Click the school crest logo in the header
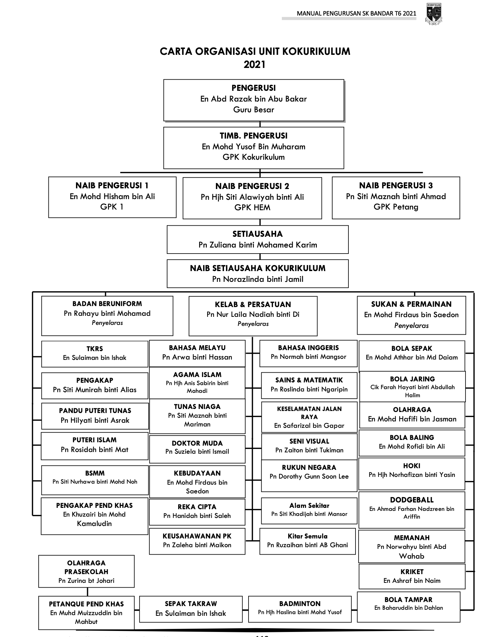[x=434, y=14]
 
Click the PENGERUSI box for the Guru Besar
[x=254, y=100]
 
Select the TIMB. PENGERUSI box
[x=254, y=147]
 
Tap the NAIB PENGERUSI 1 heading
[x=112, y=186]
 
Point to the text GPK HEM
[x=252, y=208]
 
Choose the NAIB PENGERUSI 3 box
[x=396, y=197]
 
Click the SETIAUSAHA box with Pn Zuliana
[x=258, y=239]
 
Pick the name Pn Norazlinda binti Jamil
[x=258, y=279]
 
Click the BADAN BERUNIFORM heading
[x=107, y=304]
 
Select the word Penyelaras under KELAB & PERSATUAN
[x=253, y=324]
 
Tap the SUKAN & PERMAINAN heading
[x=411, y=304]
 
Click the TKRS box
[x=95, y=353]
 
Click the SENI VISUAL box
[x=309, y=446]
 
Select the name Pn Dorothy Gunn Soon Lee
[x=309, y=477]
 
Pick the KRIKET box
[x=412, y=576]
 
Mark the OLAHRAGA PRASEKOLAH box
[x=86, y=572]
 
